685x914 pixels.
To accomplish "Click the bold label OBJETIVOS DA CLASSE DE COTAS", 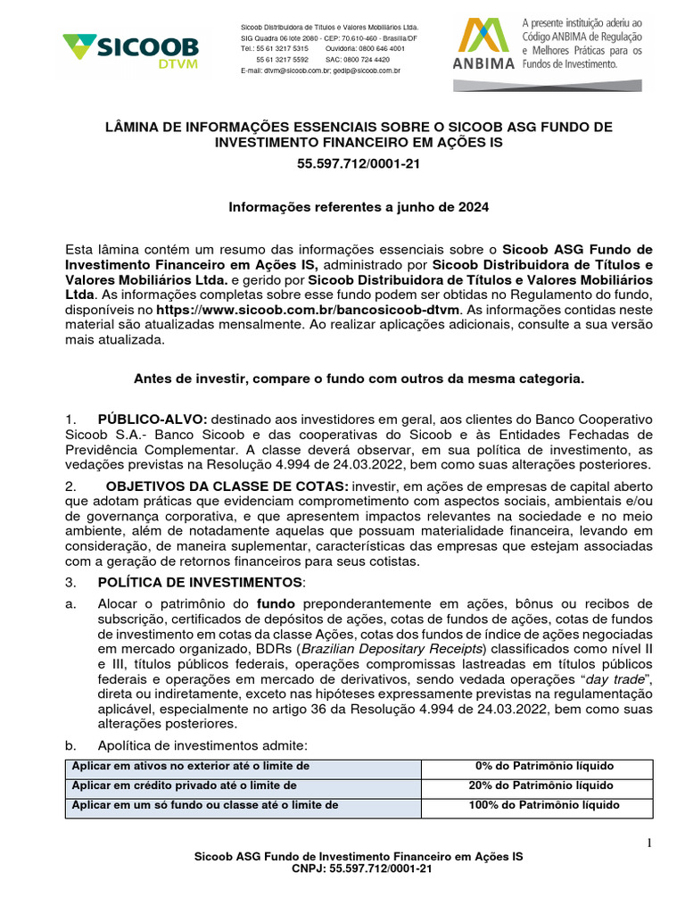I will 227,486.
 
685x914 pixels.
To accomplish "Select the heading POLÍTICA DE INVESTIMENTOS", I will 202,582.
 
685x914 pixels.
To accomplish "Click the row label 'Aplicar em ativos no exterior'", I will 192,767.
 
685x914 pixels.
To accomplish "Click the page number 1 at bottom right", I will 649,843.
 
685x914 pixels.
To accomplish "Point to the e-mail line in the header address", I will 320,70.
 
